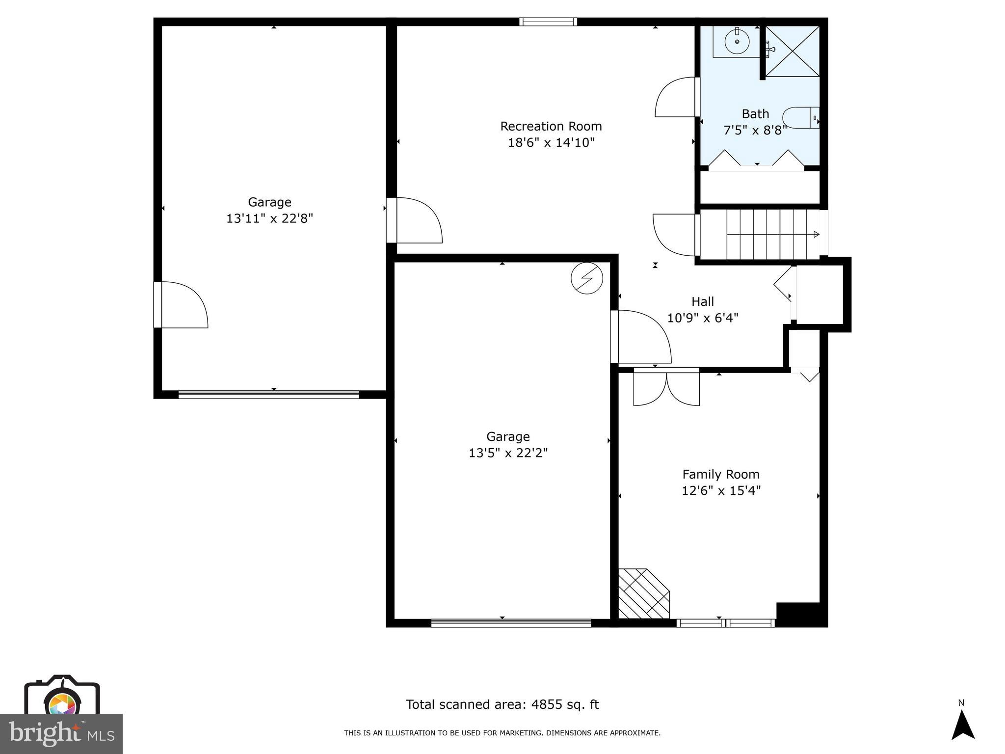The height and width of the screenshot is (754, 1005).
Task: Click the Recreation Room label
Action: [551, 126]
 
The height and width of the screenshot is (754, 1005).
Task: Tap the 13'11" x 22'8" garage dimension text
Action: [269, 218]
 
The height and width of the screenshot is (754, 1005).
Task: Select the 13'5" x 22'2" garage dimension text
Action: [508, 453]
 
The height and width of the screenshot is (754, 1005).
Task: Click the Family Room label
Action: [720, 474]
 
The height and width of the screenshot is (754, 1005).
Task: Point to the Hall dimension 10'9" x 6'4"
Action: [702, 318]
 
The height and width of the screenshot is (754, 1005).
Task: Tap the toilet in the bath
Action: [800, 118]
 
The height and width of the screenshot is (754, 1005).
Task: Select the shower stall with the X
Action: [793, 52]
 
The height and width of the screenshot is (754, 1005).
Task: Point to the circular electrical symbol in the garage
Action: [586, 278]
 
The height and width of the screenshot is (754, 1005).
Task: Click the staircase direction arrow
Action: [816, 235]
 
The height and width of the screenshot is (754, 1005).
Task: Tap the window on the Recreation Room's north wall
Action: [548, 22]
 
